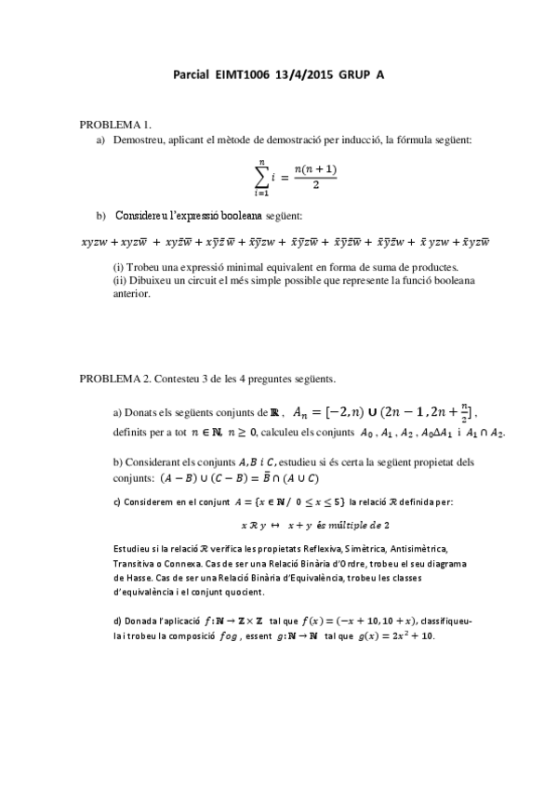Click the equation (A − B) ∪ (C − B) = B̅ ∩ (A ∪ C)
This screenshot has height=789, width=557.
(x=240, y=479)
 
